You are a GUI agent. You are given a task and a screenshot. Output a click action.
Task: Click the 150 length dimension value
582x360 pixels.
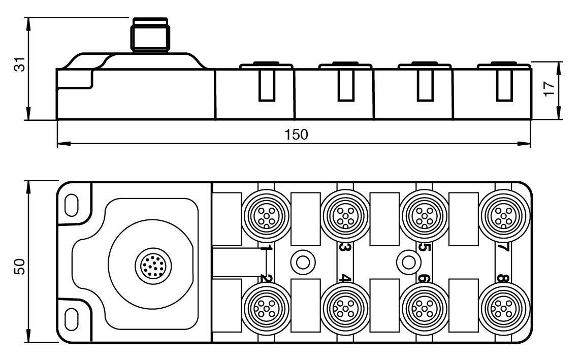point(297,135)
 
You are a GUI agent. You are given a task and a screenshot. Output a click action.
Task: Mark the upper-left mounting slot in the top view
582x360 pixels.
point(72,203)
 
